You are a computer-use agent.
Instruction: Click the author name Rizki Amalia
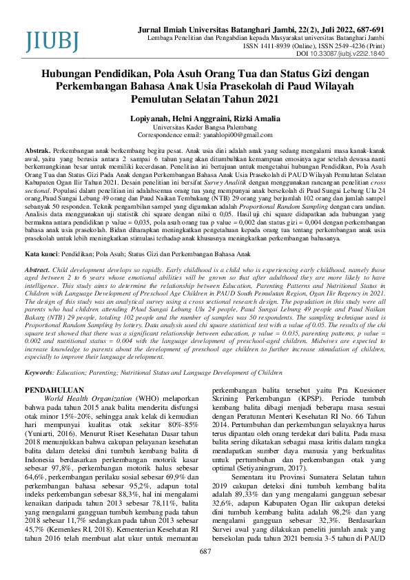[x=236, y=118]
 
